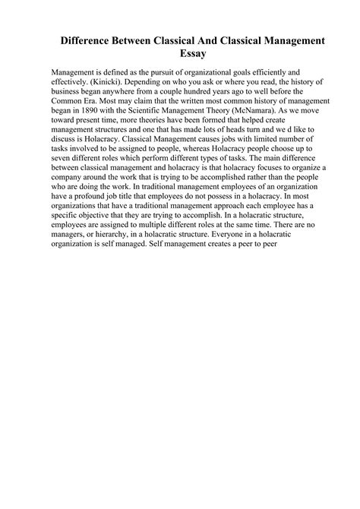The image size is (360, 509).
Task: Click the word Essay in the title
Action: click(180, 54)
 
